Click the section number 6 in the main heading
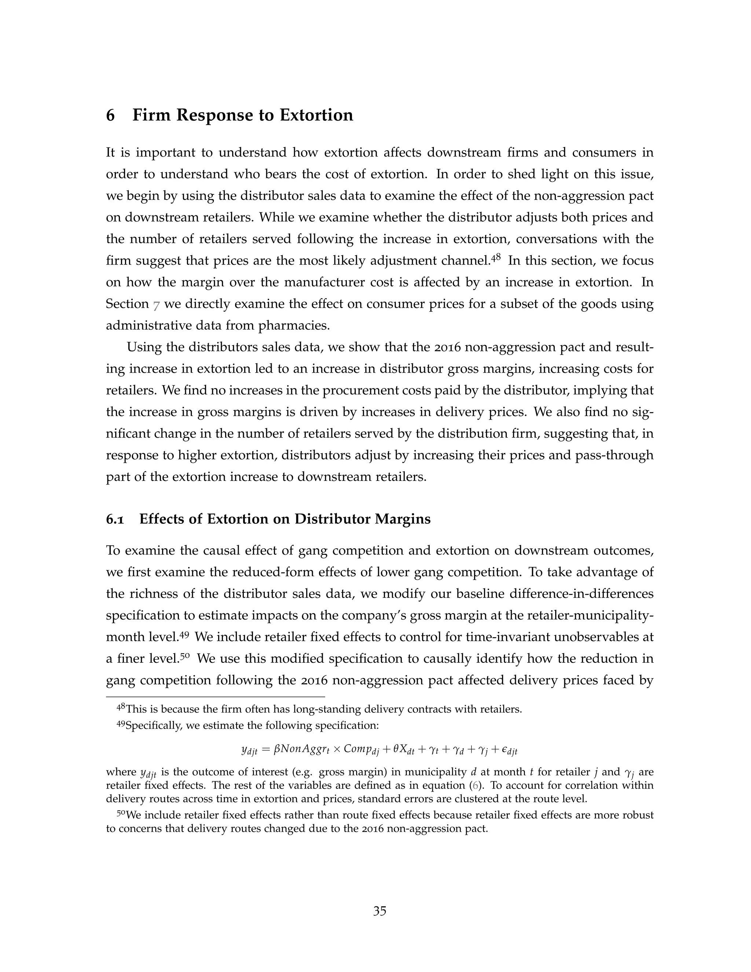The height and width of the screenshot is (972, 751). (x=110, y=115)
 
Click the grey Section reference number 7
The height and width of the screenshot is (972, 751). (x=156, y=305)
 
